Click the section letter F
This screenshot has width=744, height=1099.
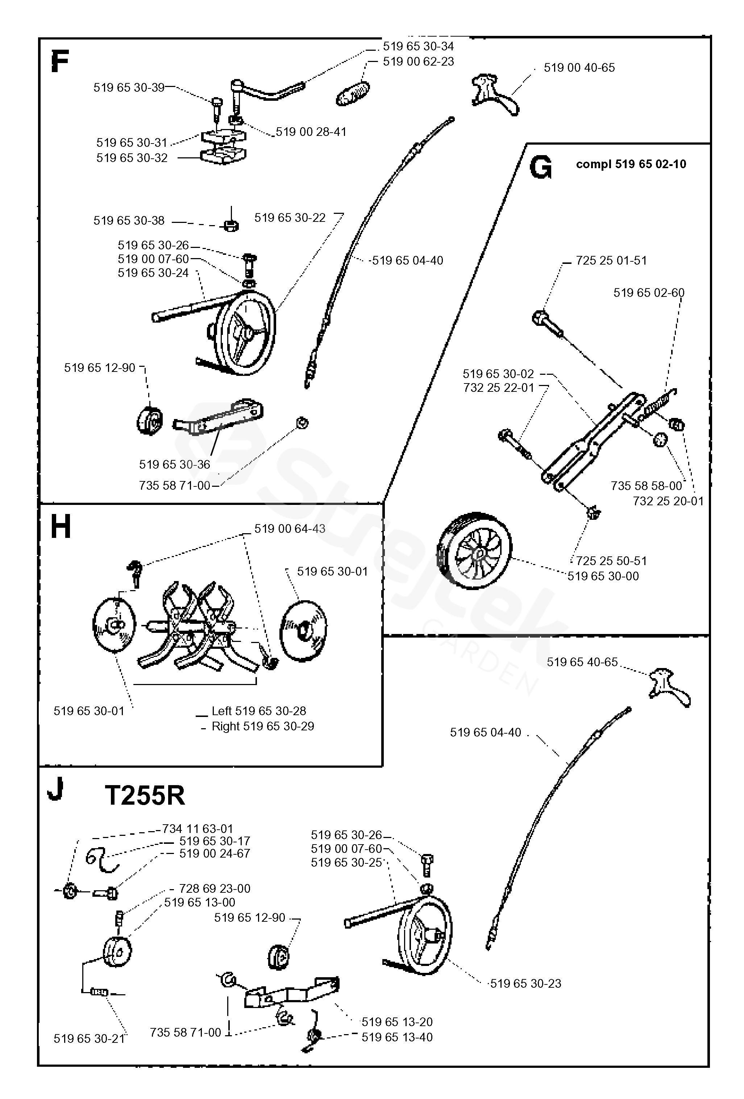60,62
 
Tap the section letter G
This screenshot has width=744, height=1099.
540,168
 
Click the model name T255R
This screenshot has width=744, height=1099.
145,796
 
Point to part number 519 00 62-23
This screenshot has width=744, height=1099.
418,62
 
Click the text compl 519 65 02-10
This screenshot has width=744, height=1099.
631,164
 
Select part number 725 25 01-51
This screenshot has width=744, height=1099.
611,261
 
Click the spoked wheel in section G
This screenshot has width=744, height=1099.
474,549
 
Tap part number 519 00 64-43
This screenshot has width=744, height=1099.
290,529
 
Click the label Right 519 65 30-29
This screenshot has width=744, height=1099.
263,726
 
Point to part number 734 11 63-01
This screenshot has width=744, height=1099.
198,829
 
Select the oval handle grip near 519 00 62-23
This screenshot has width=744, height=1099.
353,93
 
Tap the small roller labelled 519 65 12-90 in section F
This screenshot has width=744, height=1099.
150,420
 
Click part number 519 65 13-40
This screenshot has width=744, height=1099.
397,1037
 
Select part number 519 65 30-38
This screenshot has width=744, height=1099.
129,221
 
